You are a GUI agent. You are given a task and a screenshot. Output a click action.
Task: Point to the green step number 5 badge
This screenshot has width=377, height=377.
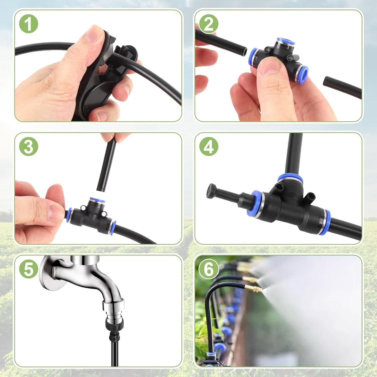[x=28, y=269]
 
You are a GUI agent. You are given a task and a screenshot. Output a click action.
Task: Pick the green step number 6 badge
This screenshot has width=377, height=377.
[x=209, y=269]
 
